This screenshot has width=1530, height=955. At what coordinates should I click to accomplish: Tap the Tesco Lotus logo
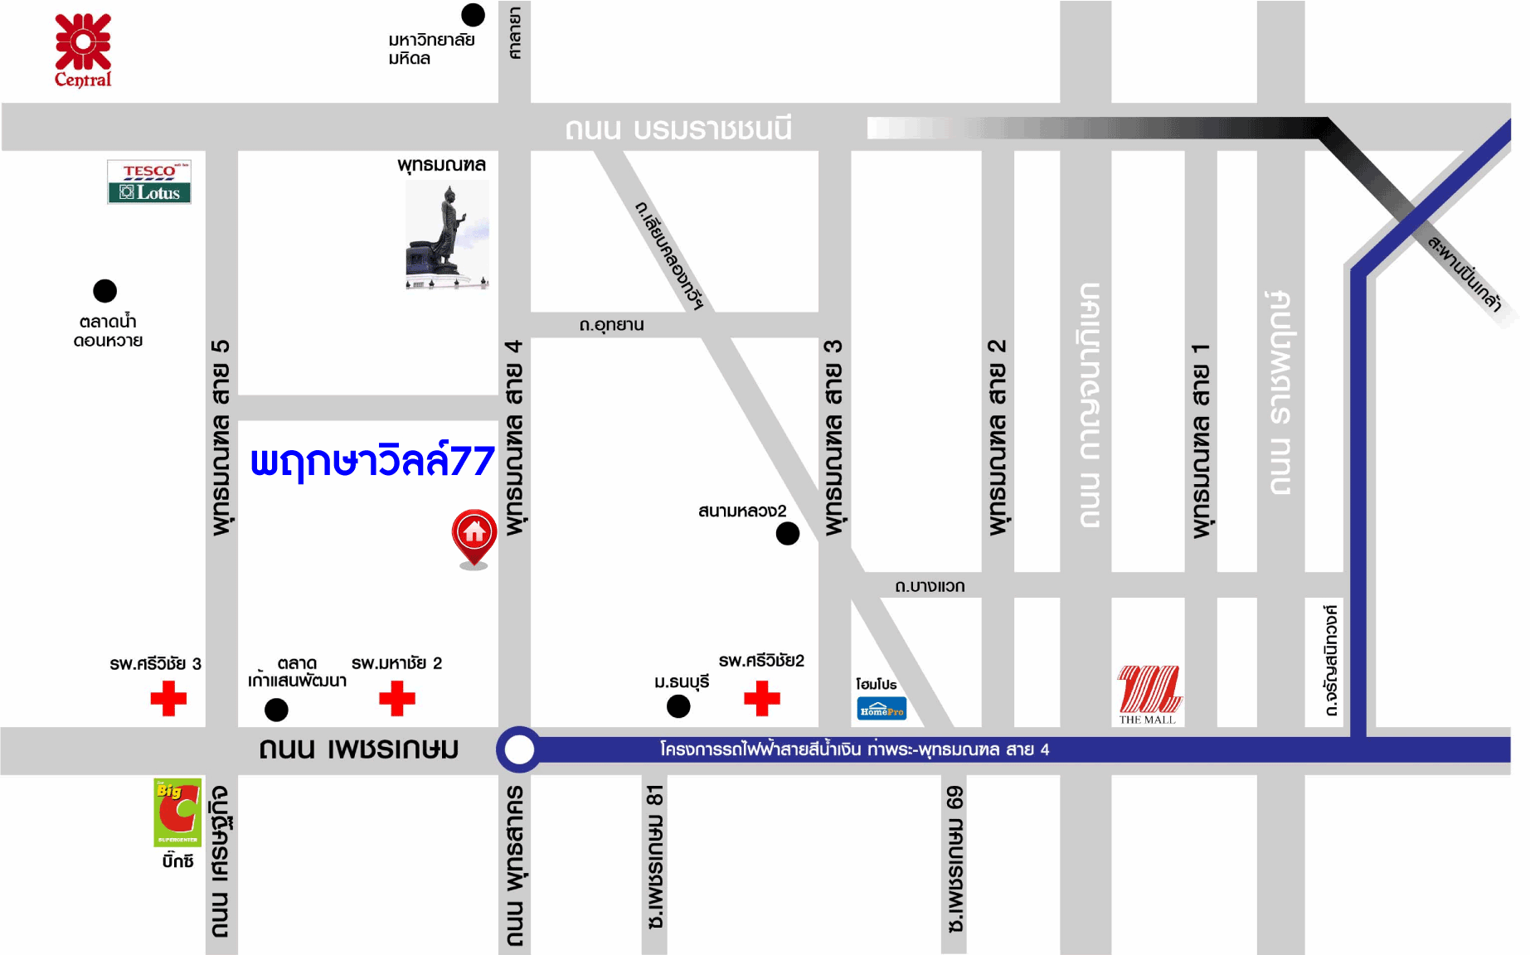[x=149, y=182]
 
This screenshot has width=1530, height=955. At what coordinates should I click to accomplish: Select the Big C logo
[x=177, y=812]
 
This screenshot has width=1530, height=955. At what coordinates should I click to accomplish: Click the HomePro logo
[x=882, y=709]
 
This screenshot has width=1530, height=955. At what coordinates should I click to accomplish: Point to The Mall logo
[x=1149, y=692]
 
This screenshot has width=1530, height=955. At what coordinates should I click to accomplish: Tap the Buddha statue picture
[x=448, y=235]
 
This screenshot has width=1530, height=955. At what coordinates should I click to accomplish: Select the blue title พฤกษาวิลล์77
[x=372, y=461]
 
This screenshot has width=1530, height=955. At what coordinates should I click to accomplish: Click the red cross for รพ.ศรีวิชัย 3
[x=168, y=698]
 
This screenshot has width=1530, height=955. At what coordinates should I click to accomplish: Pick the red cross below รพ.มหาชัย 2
[x=397, y=698]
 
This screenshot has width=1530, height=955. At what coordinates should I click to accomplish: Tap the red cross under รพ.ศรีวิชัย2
[x=762, y=698]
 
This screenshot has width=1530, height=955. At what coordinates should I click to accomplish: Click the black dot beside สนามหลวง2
[x=788, y=533]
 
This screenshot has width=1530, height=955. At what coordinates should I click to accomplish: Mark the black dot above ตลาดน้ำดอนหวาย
[x=105, y=291]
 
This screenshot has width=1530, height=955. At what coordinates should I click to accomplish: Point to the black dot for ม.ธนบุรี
[x=678, y=706]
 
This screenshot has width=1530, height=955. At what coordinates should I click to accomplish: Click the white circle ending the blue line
[x=519, y=749]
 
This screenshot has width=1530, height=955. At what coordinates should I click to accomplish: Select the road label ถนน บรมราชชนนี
[x=678, y=128]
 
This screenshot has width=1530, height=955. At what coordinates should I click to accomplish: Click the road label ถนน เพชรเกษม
[x=358, y=749]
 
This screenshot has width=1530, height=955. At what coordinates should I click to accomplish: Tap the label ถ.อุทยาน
[x=612, y=325]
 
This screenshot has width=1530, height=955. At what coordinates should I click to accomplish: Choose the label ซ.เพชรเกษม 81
[x=655, y=857]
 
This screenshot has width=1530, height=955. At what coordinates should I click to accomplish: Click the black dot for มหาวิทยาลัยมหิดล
[x=473, y=15]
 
